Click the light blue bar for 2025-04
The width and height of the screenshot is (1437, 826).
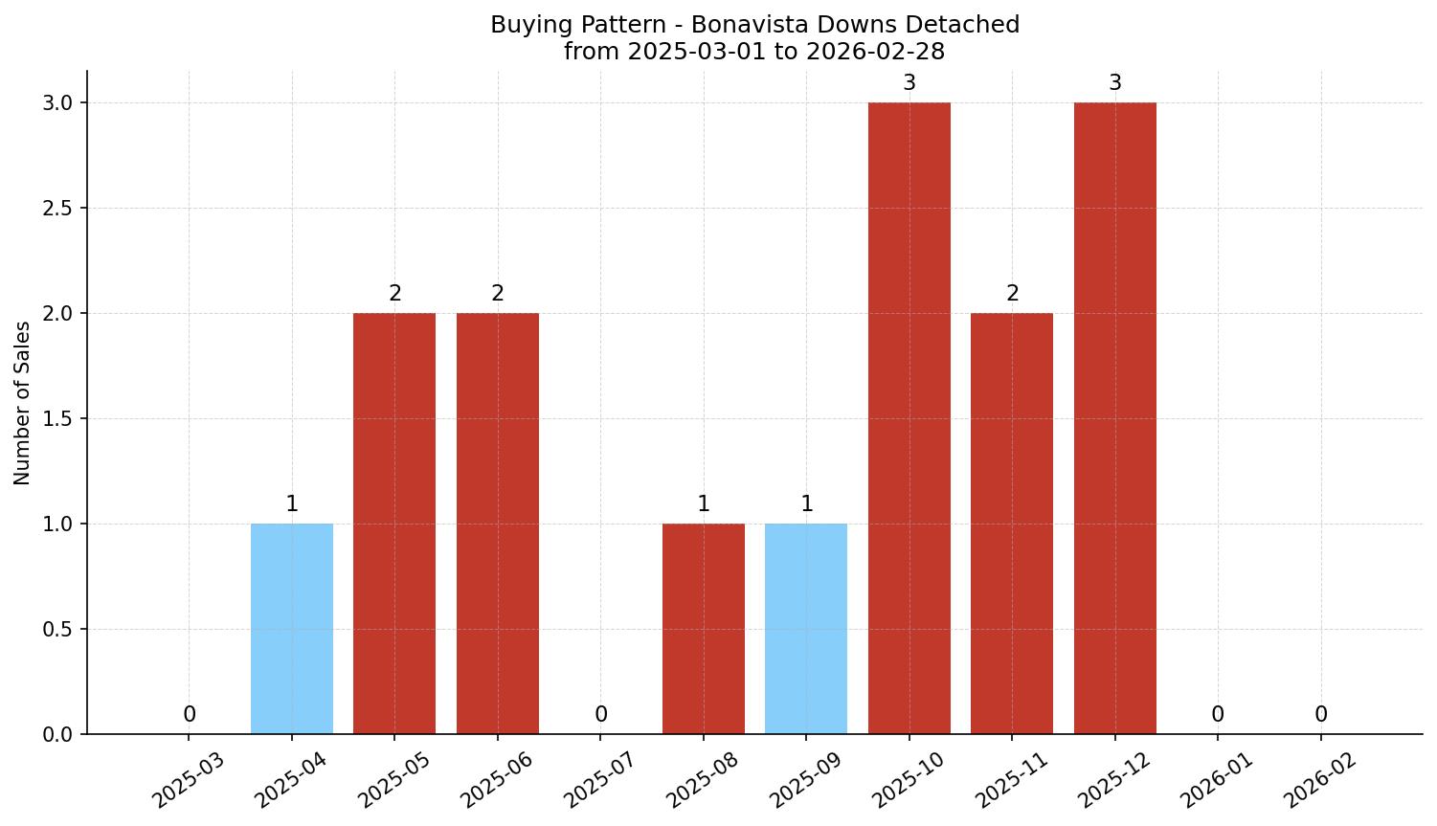292,629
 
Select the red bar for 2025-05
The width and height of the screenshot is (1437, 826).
394,524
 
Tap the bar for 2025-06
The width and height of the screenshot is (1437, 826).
498,524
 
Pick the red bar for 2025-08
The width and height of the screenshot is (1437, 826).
704,629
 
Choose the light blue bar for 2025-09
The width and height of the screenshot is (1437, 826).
806,629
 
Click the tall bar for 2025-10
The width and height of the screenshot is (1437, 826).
909,418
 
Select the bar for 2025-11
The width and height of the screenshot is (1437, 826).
1012,524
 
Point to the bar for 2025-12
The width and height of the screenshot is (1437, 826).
1115,418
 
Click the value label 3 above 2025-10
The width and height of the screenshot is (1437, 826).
909,83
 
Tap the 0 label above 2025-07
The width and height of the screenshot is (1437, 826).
601,715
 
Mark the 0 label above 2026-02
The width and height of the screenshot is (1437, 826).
1321,715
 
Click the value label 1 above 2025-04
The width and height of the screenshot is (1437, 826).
292,504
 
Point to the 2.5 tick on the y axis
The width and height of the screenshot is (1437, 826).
58,208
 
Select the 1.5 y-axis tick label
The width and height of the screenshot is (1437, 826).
58,418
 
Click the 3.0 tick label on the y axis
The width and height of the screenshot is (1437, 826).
58,102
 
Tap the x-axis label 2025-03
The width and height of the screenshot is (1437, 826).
189,780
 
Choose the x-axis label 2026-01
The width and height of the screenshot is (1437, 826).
1217,780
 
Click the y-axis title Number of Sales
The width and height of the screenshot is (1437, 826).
23,403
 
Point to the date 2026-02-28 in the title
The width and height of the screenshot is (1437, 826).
875,52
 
